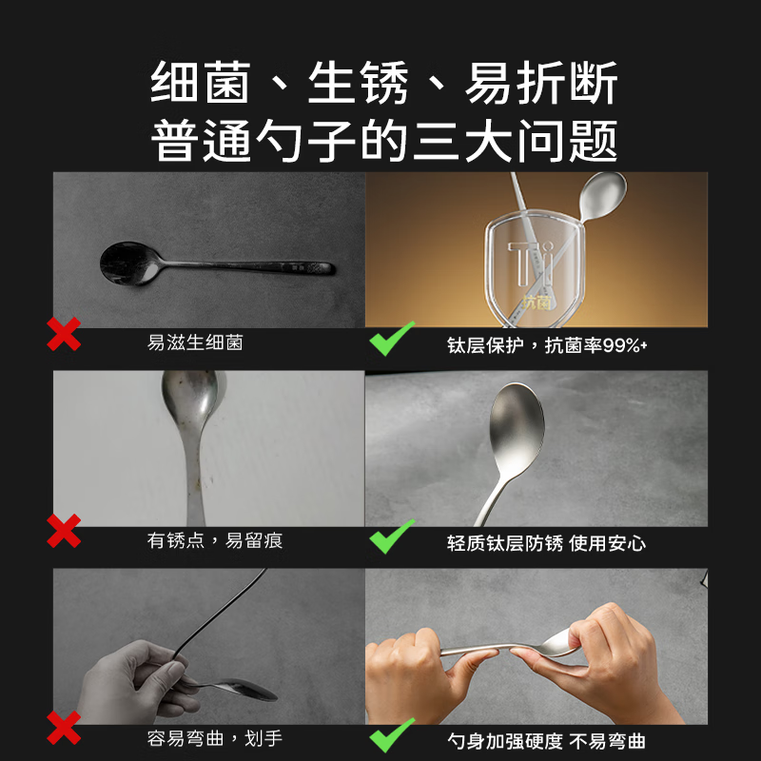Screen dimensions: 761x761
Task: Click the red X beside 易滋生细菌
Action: click(64, 335)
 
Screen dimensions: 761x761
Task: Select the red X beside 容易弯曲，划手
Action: click(64, 730)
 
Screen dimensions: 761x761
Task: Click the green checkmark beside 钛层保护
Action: click(393, 338)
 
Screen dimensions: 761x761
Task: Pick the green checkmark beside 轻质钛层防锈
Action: click(393, 536)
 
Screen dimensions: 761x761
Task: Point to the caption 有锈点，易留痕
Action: click(215, 541)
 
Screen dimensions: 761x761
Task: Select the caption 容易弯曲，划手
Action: click(215, 738)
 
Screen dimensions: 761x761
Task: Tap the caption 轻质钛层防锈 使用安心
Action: click(546, 543)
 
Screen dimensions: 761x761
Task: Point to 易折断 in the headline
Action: click(541, 85)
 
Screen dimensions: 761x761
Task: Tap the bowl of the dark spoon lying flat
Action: click(128, 262)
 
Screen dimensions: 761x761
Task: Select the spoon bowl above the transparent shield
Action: click(603, 195)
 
